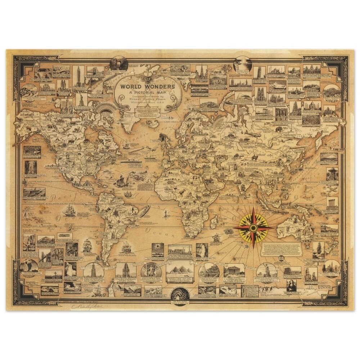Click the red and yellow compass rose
tap(253, 228)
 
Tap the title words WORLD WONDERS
tap(147, 87)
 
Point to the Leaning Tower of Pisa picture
tap(259, 73)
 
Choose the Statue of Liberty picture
tap(81, 98)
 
